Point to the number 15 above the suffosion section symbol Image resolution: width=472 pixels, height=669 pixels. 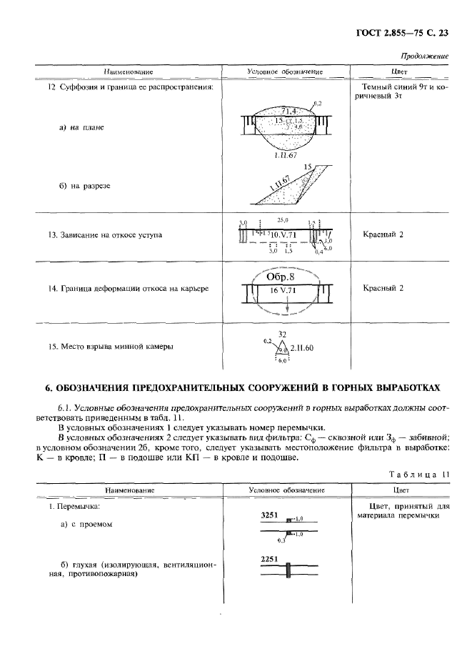pyautogui.click(x=308, y=167)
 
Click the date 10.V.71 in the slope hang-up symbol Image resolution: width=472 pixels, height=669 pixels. pyautogui.click(x=286, y=234)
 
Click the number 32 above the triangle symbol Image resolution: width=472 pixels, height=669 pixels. pyautogui.click(x=281, y=334)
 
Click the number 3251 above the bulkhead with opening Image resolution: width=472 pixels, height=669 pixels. pyautogui.click(x=269, y=515)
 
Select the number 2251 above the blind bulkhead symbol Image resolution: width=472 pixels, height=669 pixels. pyautogui.click(x=269, y=559)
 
